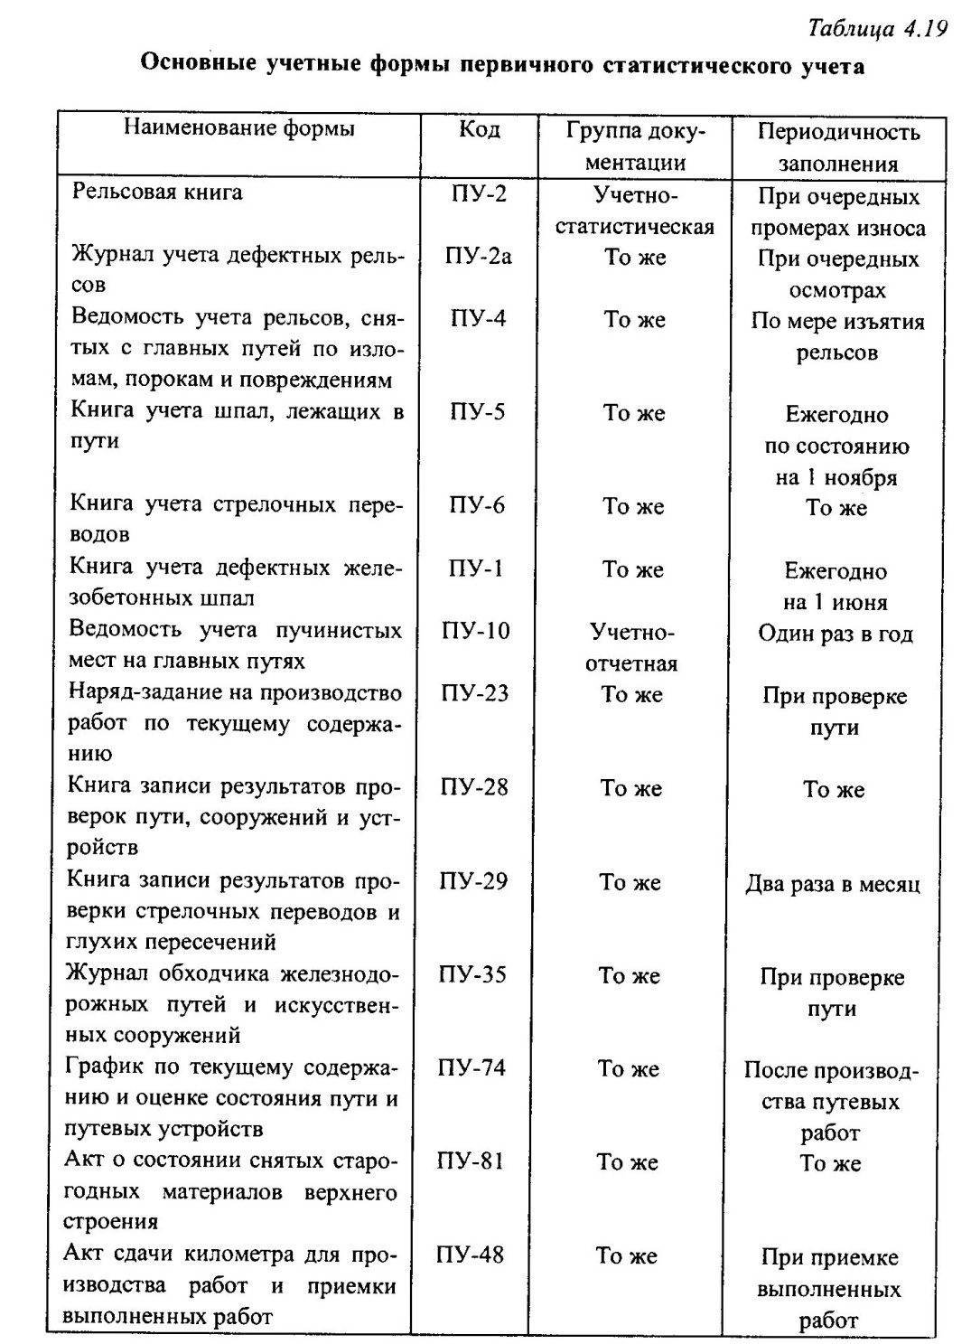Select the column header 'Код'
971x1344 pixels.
[479, 129]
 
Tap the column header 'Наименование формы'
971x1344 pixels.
[238, 127]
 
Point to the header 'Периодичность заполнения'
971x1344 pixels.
[837, 147]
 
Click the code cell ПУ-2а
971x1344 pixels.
[478, 257]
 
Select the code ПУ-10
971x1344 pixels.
[476, 630]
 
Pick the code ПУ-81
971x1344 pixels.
[471, 1161]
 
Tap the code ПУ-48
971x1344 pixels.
[470, 1255]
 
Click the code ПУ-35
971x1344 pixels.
[472, 974]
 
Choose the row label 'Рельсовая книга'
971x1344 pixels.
[157, 192]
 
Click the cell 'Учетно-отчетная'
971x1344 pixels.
[632, 646]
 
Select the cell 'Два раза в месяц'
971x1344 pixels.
[832, 884]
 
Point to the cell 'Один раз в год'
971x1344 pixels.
[836, 634]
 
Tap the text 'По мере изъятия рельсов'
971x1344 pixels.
[837, 337]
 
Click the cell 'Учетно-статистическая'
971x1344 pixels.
[634, 211]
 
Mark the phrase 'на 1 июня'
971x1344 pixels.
[836, 602]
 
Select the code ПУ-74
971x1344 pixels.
[471, 1067]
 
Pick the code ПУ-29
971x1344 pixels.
[473, 880]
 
